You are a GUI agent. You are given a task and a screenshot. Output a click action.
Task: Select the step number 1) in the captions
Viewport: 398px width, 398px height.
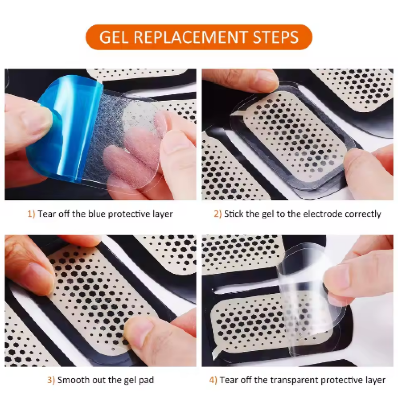click(x=31, y=214)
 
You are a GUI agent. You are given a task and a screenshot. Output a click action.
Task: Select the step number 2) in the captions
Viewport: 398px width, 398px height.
click(x=217, y=214)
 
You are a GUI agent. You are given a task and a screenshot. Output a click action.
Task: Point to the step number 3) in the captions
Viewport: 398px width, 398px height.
click(x=51, y=380)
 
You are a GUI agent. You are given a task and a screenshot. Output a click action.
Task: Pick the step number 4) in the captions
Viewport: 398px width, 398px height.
click(x=213, y=380)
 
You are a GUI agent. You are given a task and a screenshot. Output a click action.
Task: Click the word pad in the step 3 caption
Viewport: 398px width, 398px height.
click(x=147, y=380)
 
